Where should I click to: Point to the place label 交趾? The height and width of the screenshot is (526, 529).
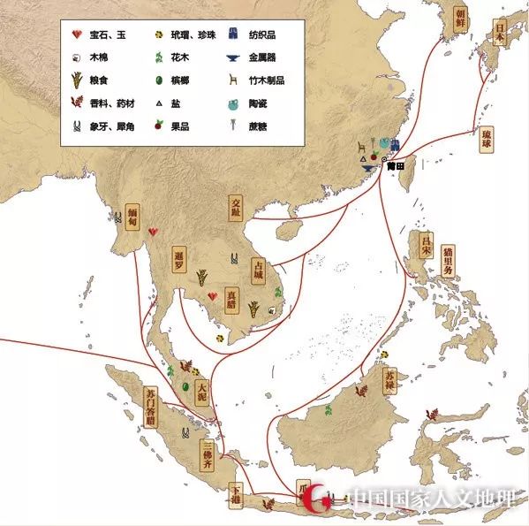[x=236, y=206]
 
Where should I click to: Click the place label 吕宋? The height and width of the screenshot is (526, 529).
[x=427, y=244]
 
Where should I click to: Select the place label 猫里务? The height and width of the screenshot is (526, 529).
[x=449, y=262]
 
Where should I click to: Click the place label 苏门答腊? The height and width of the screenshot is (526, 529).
[x=150, y=408]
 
